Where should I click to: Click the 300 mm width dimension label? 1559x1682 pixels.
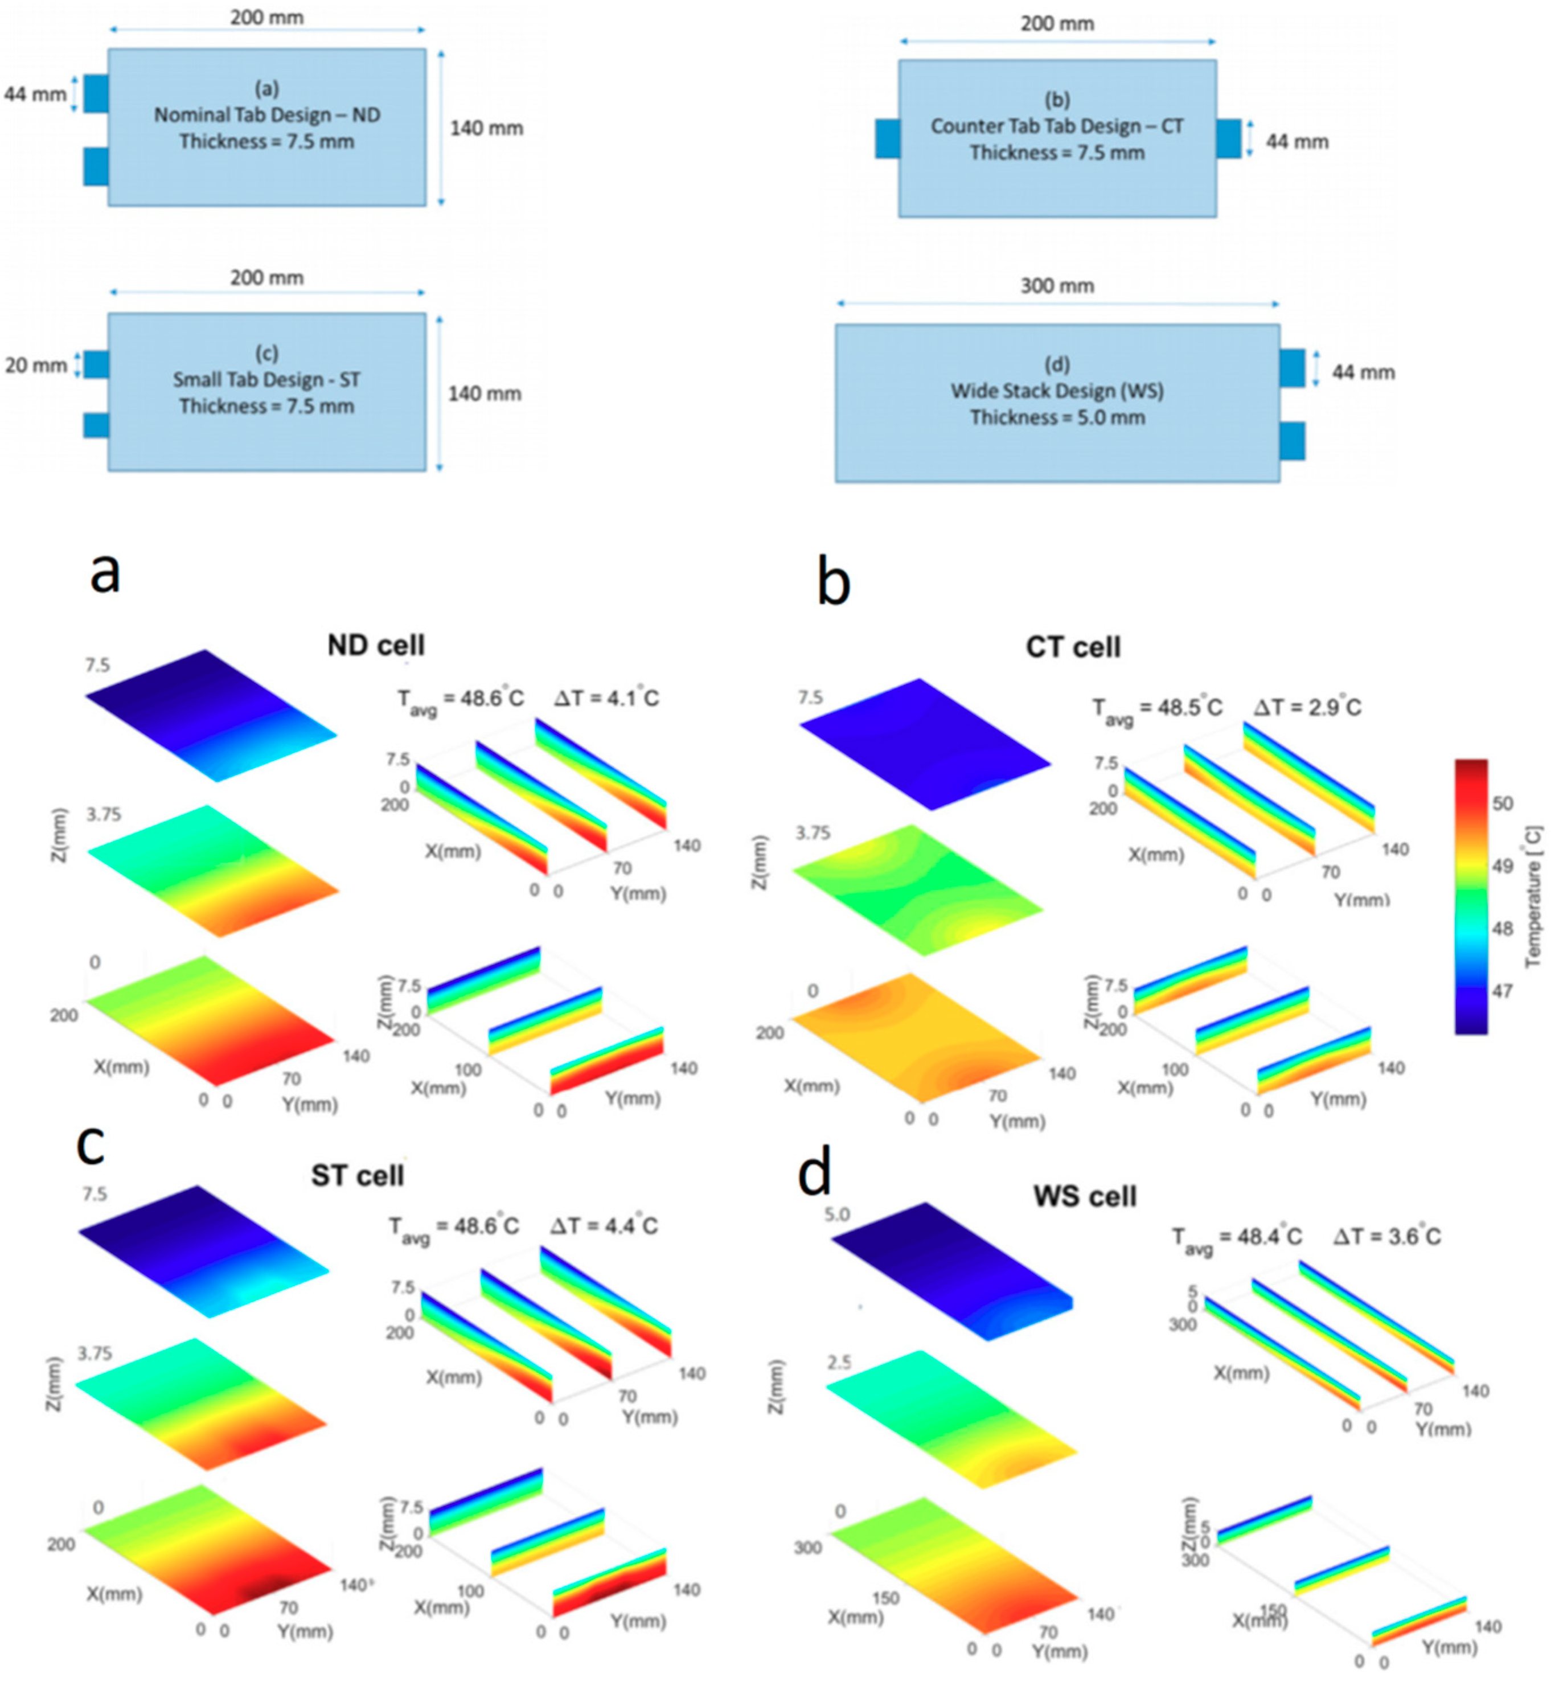click(1056, 286)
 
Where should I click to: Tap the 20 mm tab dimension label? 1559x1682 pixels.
click(35, 365)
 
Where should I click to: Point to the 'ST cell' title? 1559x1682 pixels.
click(357, 1175)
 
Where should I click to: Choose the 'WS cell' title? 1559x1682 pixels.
click(1084, 1196)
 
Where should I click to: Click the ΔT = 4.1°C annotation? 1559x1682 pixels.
click(606, 699)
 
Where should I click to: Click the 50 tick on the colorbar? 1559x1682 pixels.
click(1503, 803)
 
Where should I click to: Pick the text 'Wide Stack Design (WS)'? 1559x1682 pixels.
click(1057, 391)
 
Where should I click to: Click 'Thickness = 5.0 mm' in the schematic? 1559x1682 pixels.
click(1057, 417)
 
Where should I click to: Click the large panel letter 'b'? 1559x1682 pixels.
click(834, 584)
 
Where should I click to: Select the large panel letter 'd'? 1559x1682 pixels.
click(815, 1172)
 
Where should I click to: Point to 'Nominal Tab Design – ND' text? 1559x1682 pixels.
click(266, 114)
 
